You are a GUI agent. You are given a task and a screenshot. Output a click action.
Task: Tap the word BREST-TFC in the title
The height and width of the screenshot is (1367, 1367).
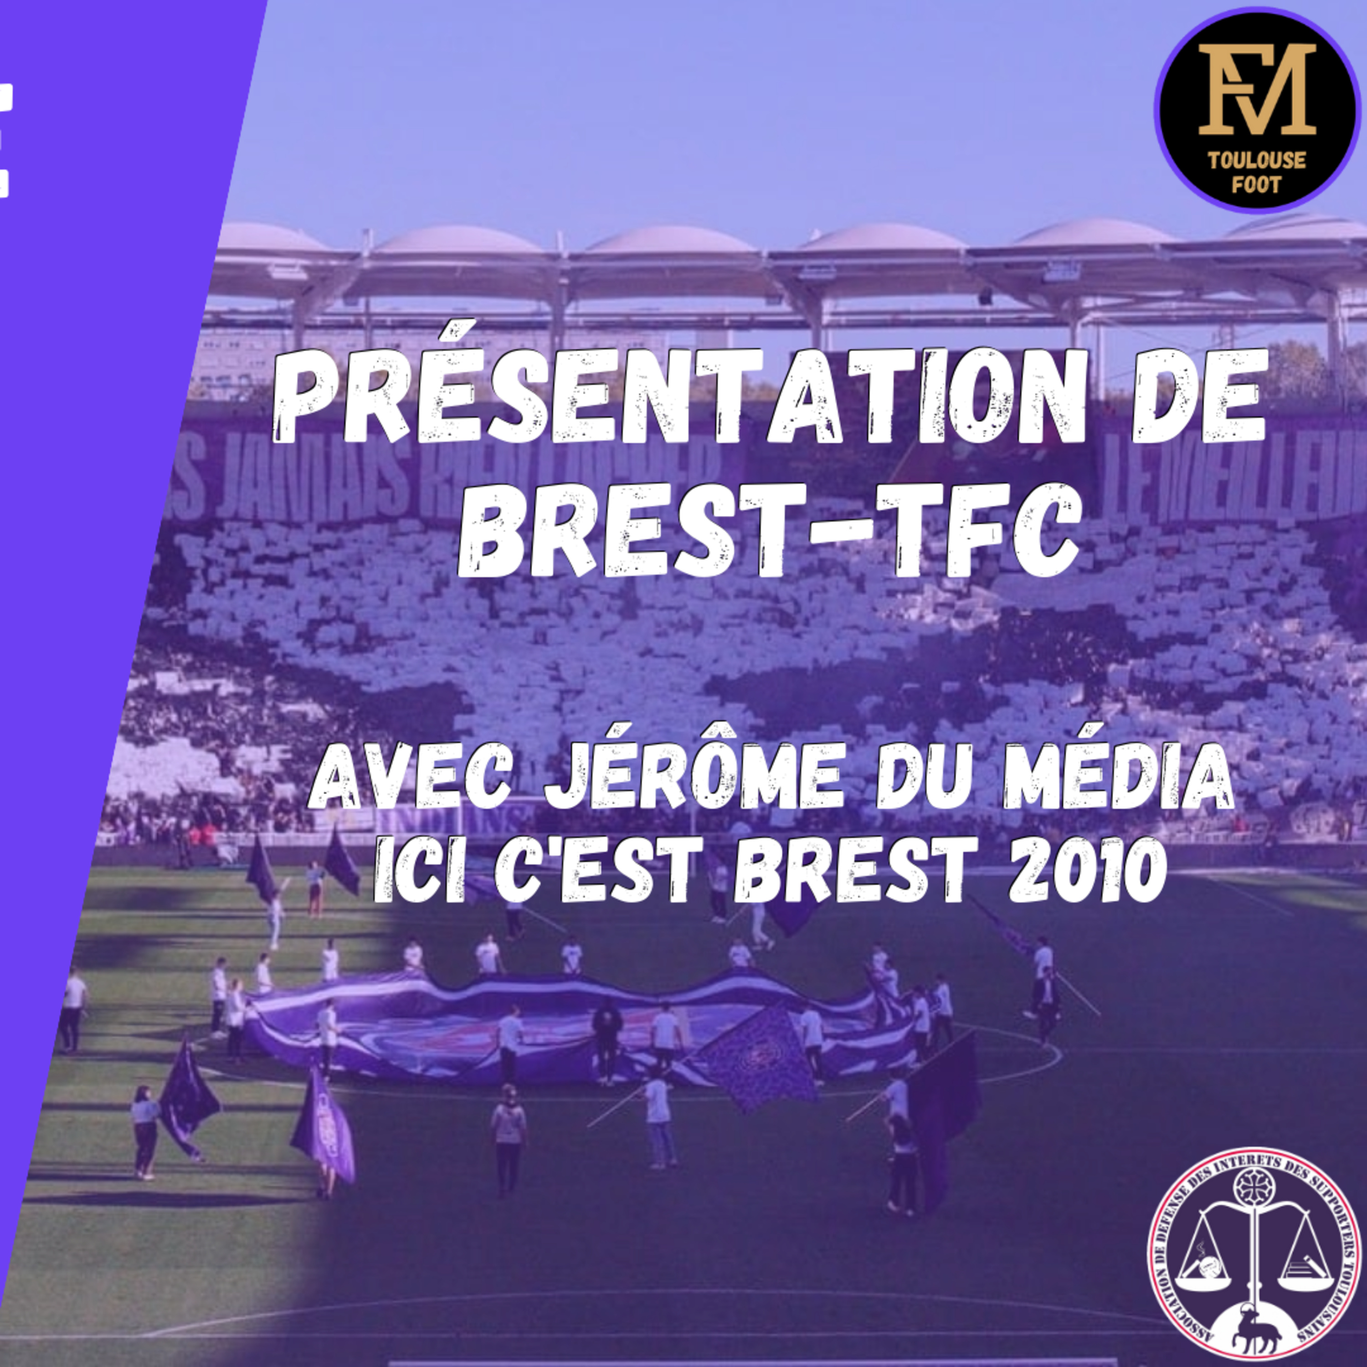[x=768, y=531]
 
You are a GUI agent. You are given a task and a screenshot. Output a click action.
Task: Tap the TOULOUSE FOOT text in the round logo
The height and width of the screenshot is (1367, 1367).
[x=1257, y=172]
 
